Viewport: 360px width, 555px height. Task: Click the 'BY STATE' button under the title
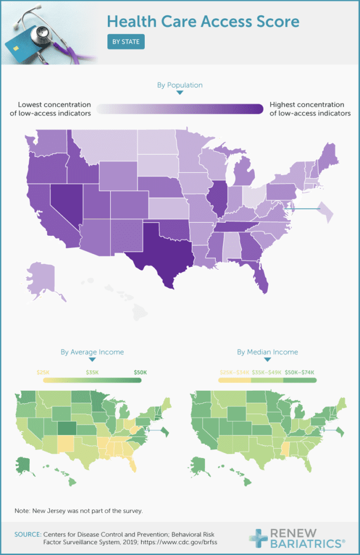tap(126, 41)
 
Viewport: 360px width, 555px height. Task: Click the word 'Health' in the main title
tap(130, 22)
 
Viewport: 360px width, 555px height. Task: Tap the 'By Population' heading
tap(180, 85)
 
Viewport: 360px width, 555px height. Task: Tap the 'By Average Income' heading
tap(92, 352)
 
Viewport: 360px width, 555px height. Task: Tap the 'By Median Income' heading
tap(267, 352)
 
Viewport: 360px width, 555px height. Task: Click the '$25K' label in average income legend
tap(43, 372)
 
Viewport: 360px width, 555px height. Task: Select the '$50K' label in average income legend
tap(140, 372)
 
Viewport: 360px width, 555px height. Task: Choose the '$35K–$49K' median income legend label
tap(267, 372)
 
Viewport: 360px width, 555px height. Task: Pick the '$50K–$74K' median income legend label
tap(300, 372)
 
